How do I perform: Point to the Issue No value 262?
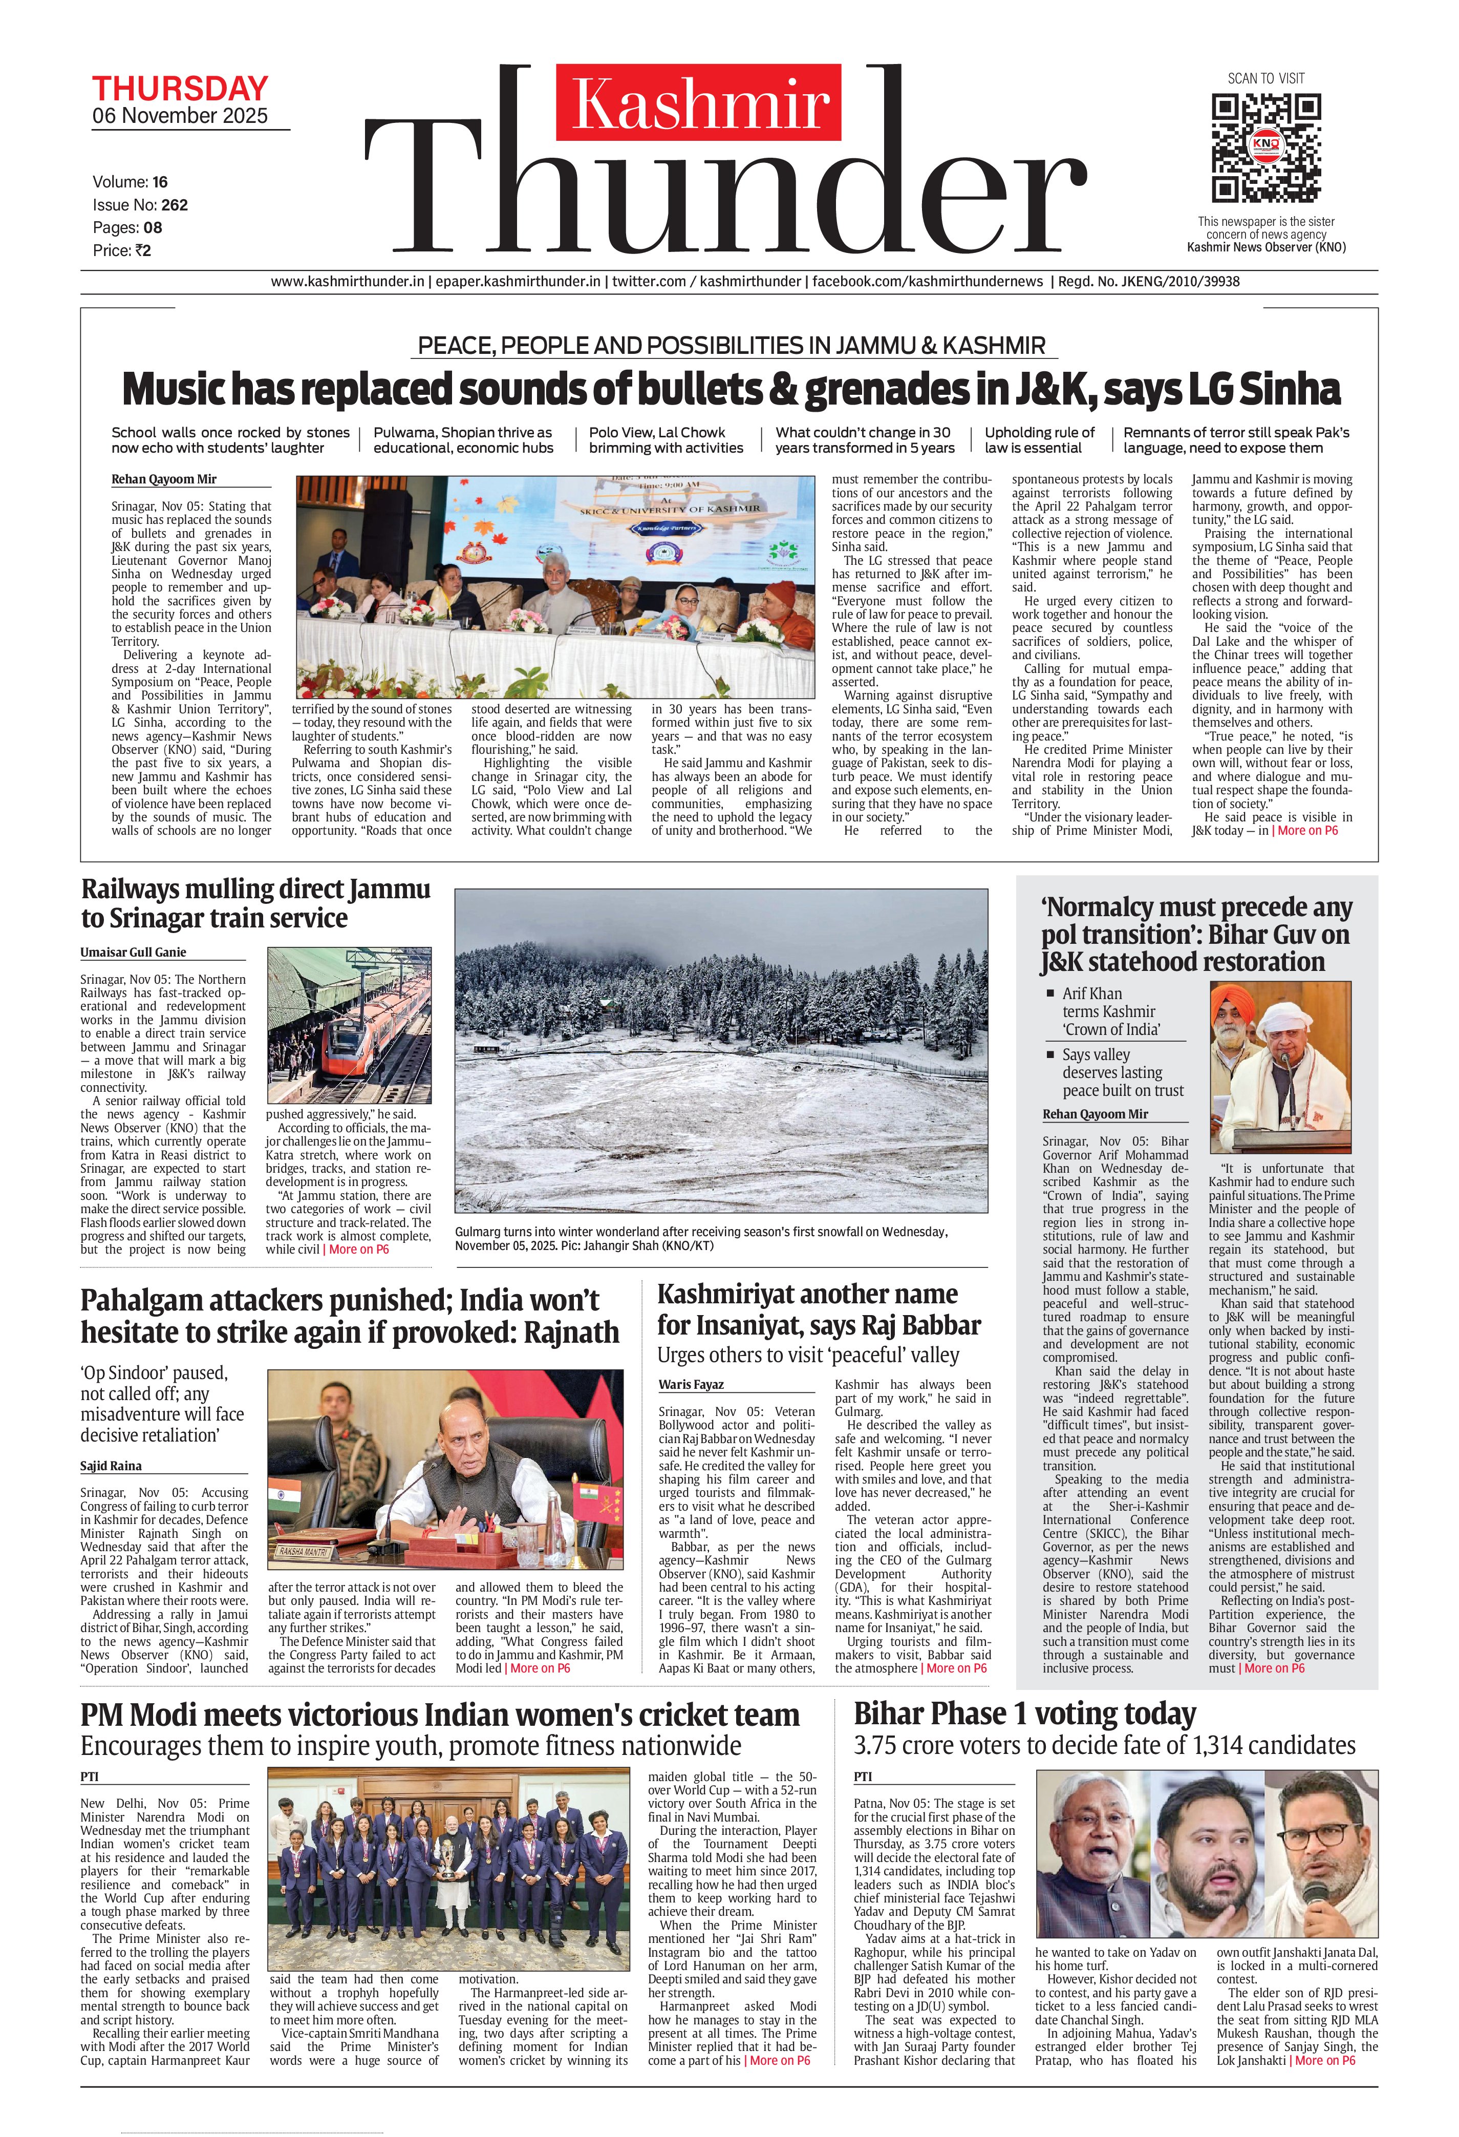(175, 205)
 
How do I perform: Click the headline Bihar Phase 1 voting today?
(1024, 1714)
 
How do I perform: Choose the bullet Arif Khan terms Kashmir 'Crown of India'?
(1110, 1011)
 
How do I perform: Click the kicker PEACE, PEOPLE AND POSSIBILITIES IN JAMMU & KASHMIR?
(731, 346)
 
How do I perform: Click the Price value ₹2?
(142, 250)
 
